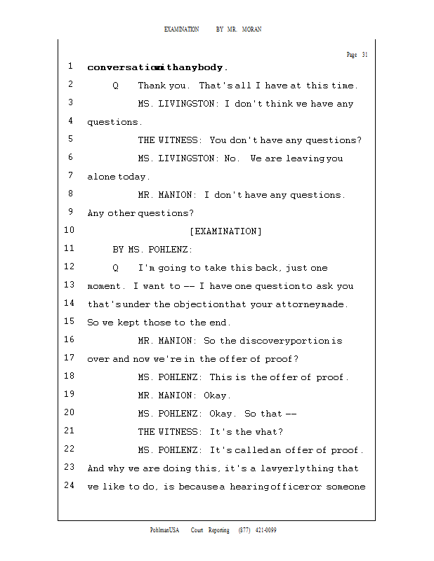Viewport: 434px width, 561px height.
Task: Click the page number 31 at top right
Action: pos(364,55)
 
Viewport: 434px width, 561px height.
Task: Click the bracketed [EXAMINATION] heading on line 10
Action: pos(225,231)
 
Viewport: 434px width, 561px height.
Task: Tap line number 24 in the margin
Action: pos(69,485)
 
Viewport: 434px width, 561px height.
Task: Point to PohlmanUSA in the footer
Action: pos(164,530)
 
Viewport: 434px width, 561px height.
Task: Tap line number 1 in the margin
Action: pos(71,67)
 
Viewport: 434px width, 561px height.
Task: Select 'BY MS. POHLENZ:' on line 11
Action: pos(152,250)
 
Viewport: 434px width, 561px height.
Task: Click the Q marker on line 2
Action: pos(115,86)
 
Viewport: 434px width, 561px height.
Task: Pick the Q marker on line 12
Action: pos(115,268)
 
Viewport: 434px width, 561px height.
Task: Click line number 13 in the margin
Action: pos(69,285)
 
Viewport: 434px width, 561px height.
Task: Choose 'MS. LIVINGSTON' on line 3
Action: pos(178,104)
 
